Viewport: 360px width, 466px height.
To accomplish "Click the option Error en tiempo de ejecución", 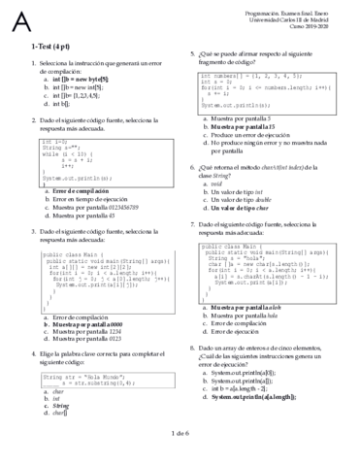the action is (x=88, y=200).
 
